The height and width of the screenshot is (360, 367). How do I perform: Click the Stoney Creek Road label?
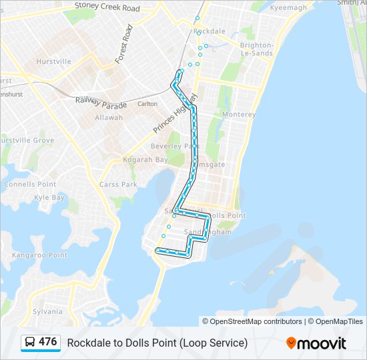pos(107,8)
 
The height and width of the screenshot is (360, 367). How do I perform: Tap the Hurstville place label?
pos(53,61)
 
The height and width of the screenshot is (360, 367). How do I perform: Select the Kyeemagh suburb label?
pos(288,7)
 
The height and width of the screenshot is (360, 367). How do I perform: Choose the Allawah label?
pos(109,117)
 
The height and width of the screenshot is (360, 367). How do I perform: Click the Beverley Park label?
pos(175,146)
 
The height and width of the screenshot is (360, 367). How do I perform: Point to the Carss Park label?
pos(118,185)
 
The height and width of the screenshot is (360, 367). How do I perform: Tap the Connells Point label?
pos(30,184)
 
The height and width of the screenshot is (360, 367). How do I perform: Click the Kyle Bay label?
pos(49,197)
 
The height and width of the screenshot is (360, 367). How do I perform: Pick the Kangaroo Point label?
pos(40,255)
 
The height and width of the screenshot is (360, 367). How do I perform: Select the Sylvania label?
pos(47,311)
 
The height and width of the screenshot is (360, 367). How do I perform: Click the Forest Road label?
pos(124,45)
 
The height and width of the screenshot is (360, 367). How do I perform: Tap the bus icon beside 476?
pos(30,342)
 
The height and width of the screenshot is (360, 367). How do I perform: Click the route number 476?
pos(48,342)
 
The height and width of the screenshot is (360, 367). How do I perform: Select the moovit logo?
pos(316,343)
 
